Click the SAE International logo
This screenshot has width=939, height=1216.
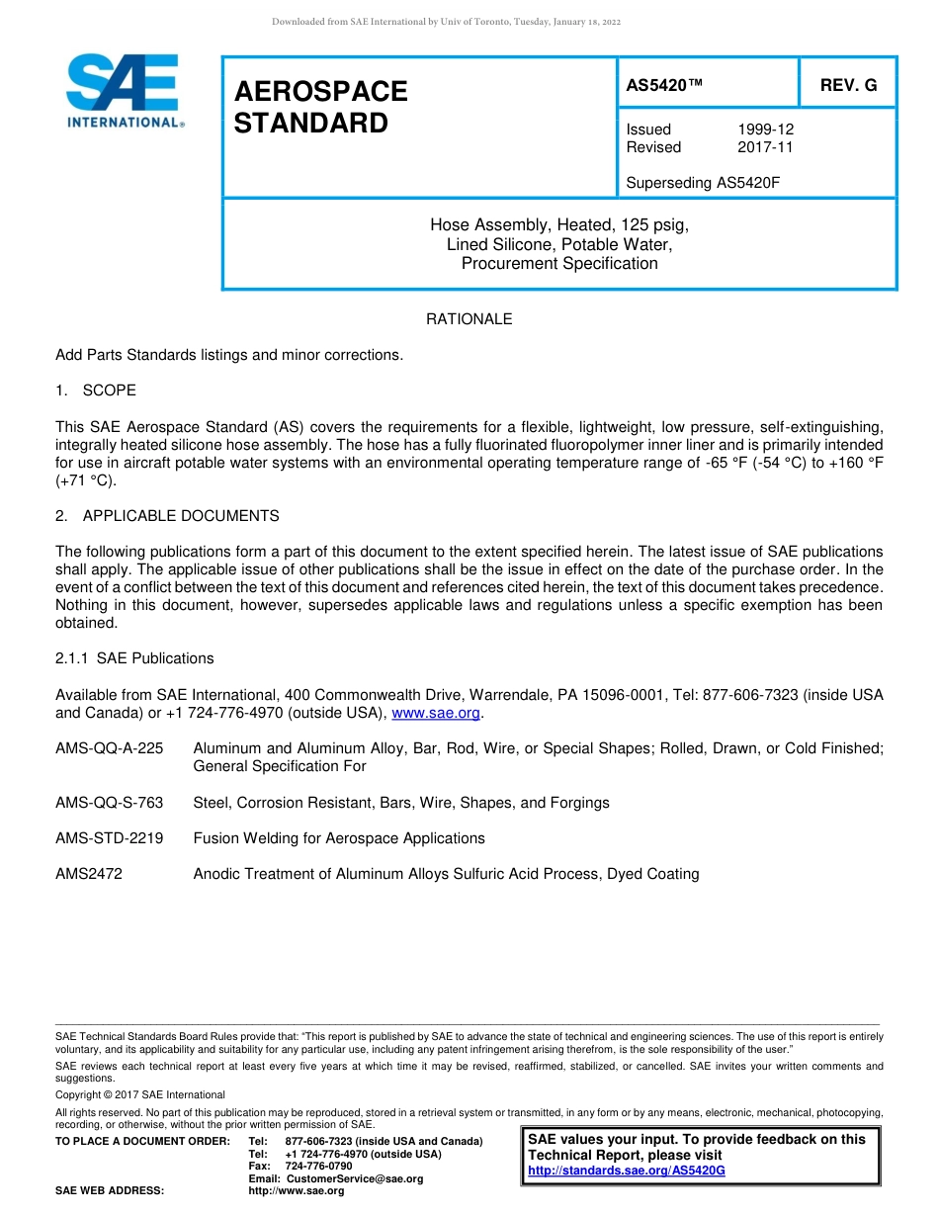click(123, 91)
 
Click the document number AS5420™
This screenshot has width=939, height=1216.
click(664, 85)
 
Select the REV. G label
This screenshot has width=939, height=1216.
click(848, 85)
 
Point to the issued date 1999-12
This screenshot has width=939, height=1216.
click(765, 130)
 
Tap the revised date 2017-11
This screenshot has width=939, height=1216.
click(765, 147)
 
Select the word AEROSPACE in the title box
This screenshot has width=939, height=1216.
click(320, 92)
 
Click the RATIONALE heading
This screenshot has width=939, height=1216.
click(469, 319)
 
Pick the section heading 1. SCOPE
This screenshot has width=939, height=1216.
click(96, 391)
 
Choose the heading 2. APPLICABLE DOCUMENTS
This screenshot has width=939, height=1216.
click(167, 516)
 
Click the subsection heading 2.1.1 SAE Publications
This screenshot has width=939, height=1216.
click(134, 658)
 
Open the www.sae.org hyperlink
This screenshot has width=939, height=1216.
click(436, 713)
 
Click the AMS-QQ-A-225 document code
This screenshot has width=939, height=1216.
click(110, 748)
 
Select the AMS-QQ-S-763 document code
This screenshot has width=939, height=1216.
click(110, 803)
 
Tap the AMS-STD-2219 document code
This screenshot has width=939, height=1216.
click(110, 838)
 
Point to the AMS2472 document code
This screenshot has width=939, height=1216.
click(89, 874)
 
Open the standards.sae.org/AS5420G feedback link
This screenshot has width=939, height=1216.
click(627, 1171)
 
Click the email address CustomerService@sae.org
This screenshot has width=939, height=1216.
click(354, 1178)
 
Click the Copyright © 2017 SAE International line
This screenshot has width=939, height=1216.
click(140, 1094)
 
